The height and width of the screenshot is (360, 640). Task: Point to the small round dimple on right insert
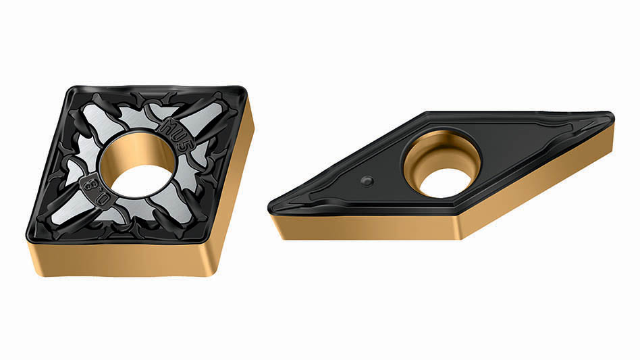(367, 180)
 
